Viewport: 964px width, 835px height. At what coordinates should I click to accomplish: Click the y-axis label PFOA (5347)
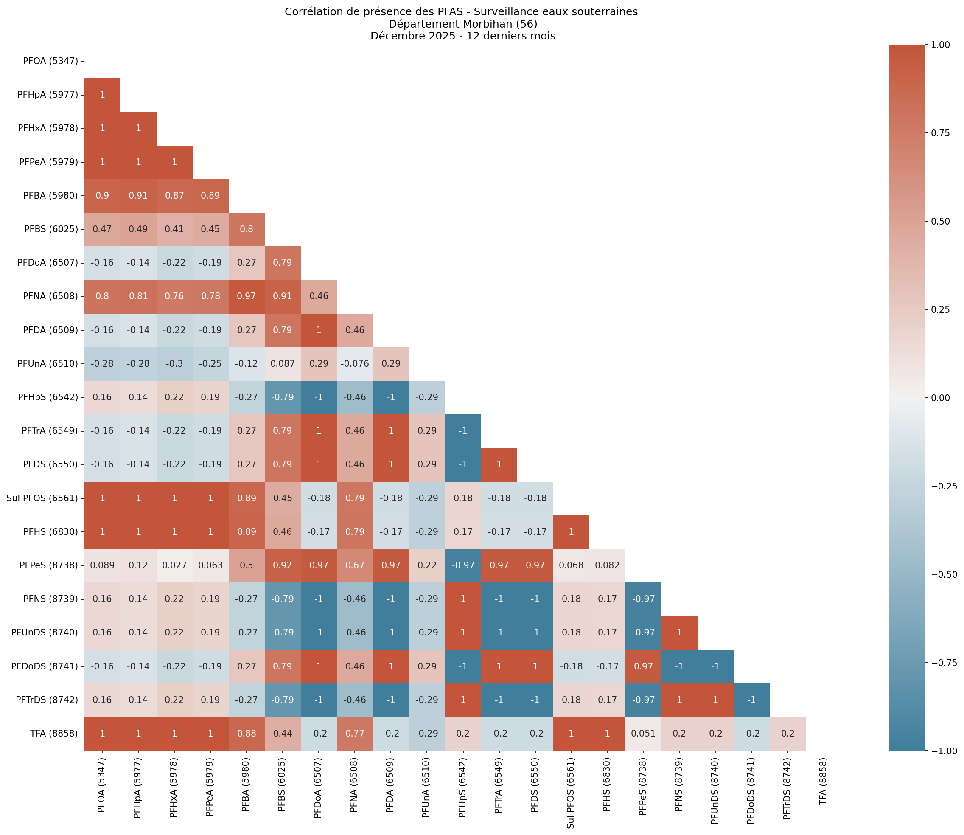pos(50,61)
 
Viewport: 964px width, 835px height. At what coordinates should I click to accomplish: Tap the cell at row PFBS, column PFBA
pos(247,229)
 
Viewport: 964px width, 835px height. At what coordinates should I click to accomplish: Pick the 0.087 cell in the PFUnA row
pos(282,364)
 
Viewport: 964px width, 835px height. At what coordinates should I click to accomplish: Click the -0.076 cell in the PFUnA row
pos(354,364)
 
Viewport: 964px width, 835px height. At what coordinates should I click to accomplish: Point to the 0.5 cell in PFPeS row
pos(247,565)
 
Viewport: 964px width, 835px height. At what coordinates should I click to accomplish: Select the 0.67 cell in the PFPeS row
pos(354,565)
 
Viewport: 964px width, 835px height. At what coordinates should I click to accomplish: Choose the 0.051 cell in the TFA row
pos(643,734)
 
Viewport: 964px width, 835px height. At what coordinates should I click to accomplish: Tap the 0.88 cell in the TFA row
pos(247,734)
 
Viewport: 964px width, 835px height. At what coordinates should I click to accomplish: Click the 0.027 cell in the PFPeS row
pos(174,565)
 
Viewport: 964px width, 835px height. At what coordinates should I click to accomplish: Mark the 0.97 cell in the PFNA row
pos(247,296)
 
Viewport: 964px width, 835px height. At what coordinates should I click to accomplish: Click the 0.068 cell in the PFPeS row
pos(571,565)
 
